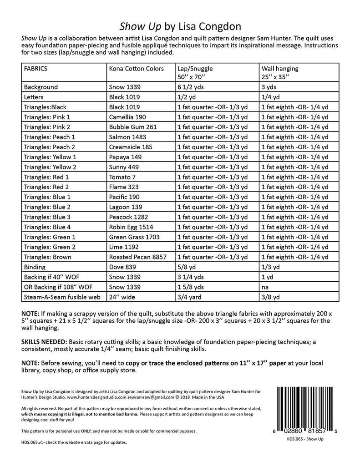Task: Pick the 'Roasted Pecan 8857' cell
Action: coord(135,257)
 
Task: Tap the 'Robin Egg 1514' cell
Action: coord(131,227)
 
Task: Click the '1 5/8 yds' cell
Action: coord(191,287)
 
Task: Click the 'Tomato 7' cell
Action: coord(122,177)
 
